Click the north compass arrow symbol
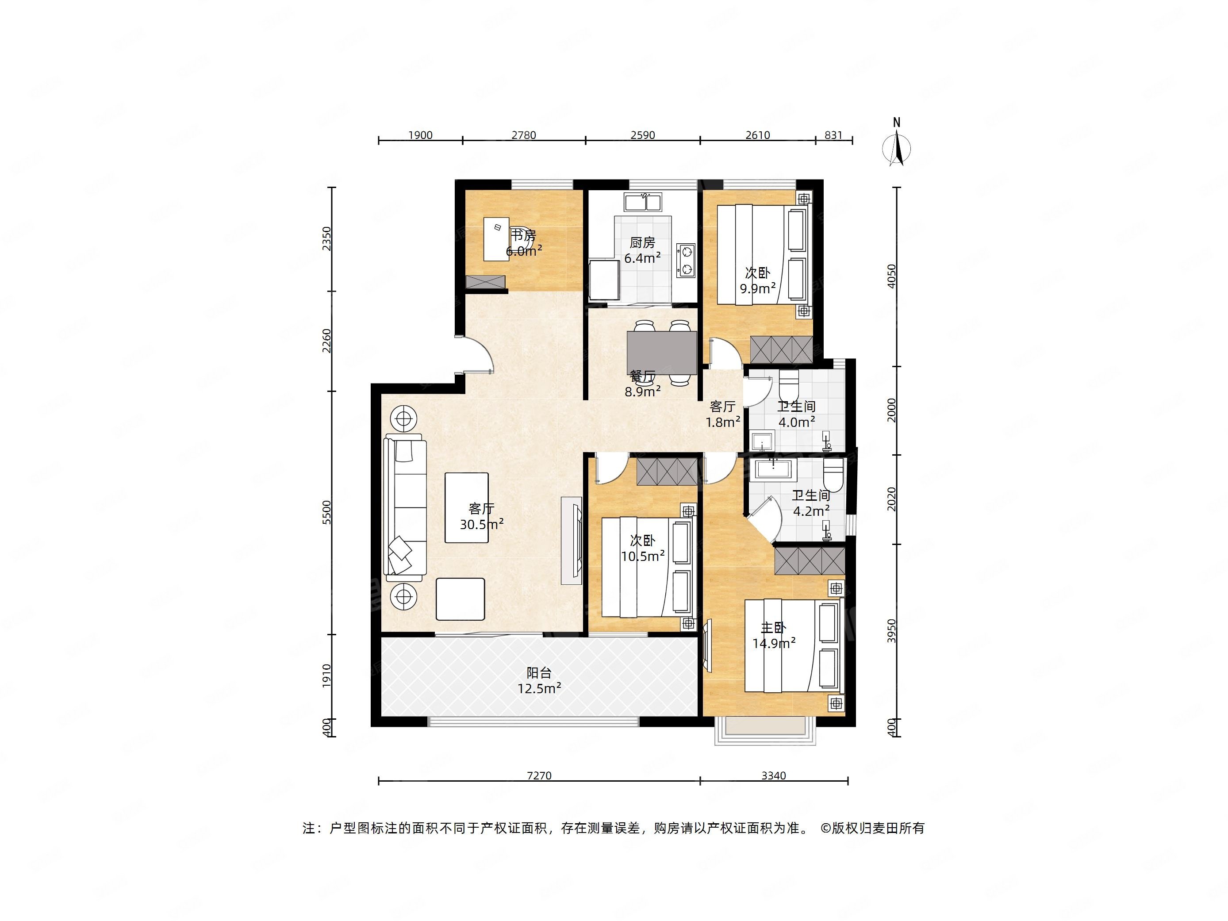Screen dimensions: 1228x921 coord(897,148)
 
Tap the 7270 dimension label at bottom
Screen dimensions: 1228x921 coord(539,775)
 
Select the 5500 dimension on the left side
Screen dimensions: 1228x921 coord(326,512)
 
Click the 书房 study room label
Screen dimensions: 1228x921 coord(523,235)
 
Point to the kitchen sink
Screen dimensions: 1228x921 coord(643,202)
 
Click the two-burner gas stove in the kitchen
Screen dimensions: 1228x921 coord(686,261)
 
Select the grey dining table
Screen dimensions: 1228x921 coord(662,352)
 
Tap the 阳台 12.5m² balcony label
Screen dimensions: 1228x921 coord(539,681)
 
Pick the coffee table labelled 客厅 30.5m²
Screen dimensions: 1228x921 coord(466,507)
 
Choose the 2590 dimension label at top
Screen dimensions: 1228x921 coord(643,135)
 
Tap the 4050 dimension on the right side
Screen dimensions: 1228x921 coord(891,276)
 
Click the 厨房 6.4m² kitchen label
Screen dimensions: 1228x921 coord(642,250)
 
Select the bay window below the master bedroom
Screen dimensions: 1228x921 coord(766,730)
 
